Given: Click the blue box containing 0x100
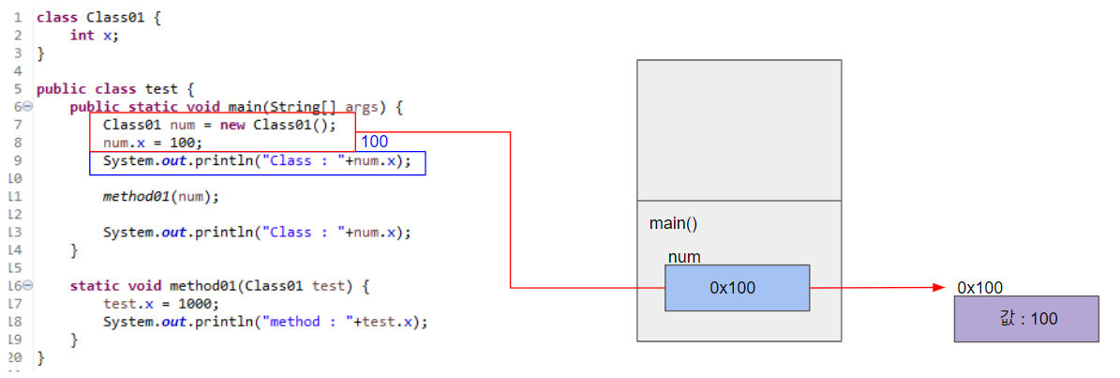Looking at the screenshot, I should [737, 288].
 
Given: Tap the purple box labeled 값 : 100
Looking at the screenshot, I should [1026, 319].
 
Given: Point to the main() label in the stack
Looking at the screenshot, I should [673, 224].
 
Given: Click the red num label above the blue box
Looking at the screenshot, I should [684, 257].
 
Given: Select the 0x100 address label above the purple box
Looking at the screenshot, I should [980, 287].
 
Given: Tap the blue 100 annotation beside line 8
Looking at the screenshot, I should [375, 142].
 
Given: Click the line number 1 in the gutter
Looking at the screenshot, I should [18, 18].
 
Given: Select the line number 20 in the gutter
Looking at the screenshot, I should [14, 357].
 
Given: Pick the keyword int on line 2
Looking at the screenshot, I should [82, 35].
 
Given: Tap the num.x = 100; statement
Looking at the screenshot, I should [152, 143].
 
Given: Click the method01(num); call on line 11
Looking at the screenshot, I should [160, 197].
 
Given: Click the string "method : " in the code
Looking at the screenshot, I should [306, 322].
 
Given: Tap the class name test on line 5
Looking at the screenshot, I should [161, 89].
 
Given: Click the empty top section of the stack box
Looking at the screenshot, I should [739, 129].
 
